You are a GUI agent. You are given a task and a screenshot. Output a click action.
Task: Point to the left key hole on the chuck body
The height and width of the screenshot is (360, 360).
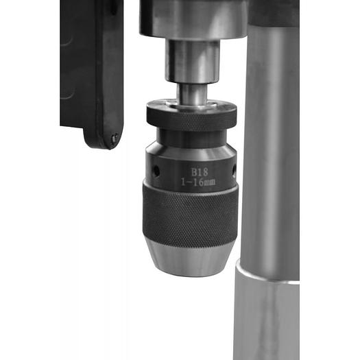tap(155, 169)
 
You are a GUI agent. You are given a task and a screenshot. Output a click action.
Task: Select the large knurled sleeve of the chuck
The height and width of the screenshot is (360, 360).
tap(190, 216)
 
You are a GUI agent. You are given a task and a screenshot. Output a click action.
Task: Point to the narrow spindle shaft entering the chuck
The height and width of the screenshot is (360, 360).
tap(191, 93)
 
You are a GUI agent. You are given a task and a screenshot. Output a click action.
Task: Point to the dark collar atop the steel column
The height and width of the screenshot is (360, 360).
tap(274, 12)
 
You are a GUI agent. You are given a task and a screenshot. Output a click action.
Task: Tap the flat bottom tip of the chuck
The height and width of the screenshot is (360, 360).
tap(190, 274)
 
